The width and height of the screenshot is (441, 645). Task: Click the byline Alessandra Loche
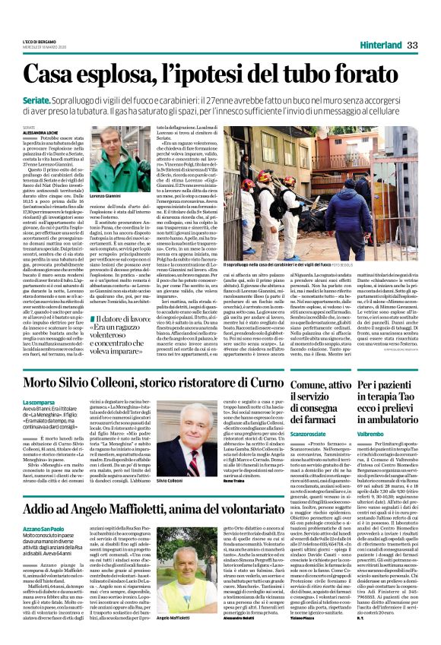tap(39, 130)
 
